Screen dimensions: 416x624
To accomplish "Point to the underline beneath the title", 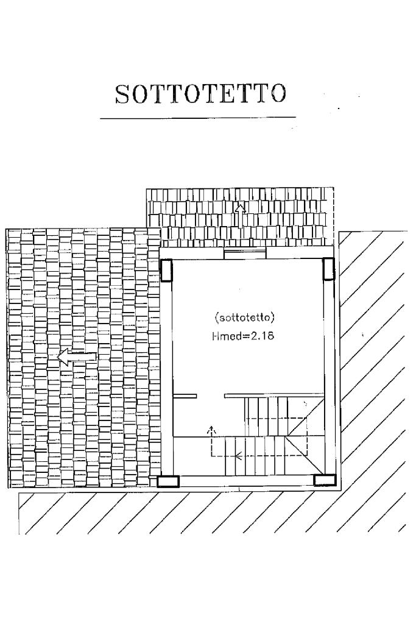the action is [x=197, y=118].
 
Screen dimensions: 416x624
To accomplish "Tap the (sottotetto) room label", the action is [x=246, y=317].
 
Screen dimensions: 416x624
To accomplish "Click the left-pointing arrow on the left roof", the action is [x=77, y=358].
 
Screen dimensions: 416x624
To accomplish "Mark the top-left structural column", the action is [x=166, y=269].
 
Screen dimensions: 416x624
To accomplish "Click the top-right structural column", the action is [x=328, y=268].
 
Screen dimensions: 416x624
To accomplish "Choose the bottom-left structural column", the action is [x=168, y=481].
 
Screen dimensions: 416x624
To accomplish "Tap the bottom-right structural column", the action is [x=325, y=480].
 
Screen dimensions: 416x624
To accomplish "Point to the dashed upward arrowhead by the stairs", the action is [x=211, y=430].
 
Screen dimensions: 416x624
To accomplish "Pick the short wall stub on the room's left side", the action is [x=185, y=396].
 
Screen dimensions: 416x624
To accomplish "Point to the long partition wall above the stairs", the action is [x=273, y=396].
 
